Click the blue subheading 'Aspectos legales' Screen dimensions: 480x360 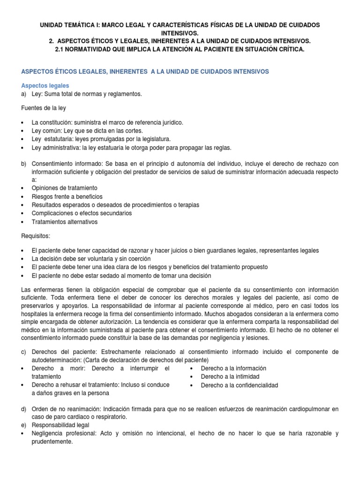pyautogui.click(x=45, y=86)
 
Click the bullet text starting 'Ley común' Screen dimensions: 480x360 pyautogui.click(x=87, y=131)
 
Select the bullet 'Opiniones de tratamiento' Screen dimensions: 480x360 pyautogui.click(x=64, y=188)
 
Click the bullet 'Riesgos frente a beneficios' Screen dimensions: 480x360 pyautogui.click(x=67, y=196)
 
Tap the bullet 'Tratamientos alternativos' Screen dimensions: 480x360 pyautogui.click(x=64, y=222)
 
